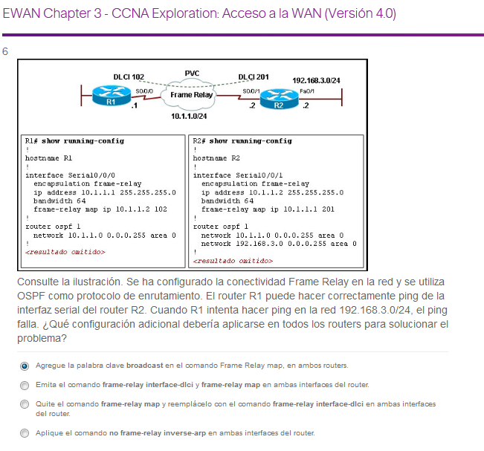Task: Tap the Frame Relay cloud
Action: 192,94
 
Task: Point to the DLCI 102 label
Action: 129,77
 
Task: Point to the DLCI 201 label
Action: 254,77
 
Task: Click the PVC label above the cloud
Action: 192,73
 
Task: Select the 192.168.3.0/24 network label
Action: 316,80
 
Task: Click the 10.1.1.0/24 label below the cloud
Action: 189,117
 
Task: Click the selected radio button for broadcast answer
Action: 25,366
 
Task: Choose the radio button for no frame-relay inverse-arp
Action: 25,432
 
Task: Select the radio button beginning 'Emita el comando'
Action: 25,385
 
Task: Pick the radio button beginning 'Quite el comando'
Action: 25,404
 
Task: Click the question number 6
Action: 6,51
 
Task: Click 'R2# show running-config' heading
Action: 242,140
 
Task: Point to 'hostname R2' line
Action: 216,158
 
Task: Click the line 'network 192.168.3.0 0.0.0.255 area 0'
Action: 278,243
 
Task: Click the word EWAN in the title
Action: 23,15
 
